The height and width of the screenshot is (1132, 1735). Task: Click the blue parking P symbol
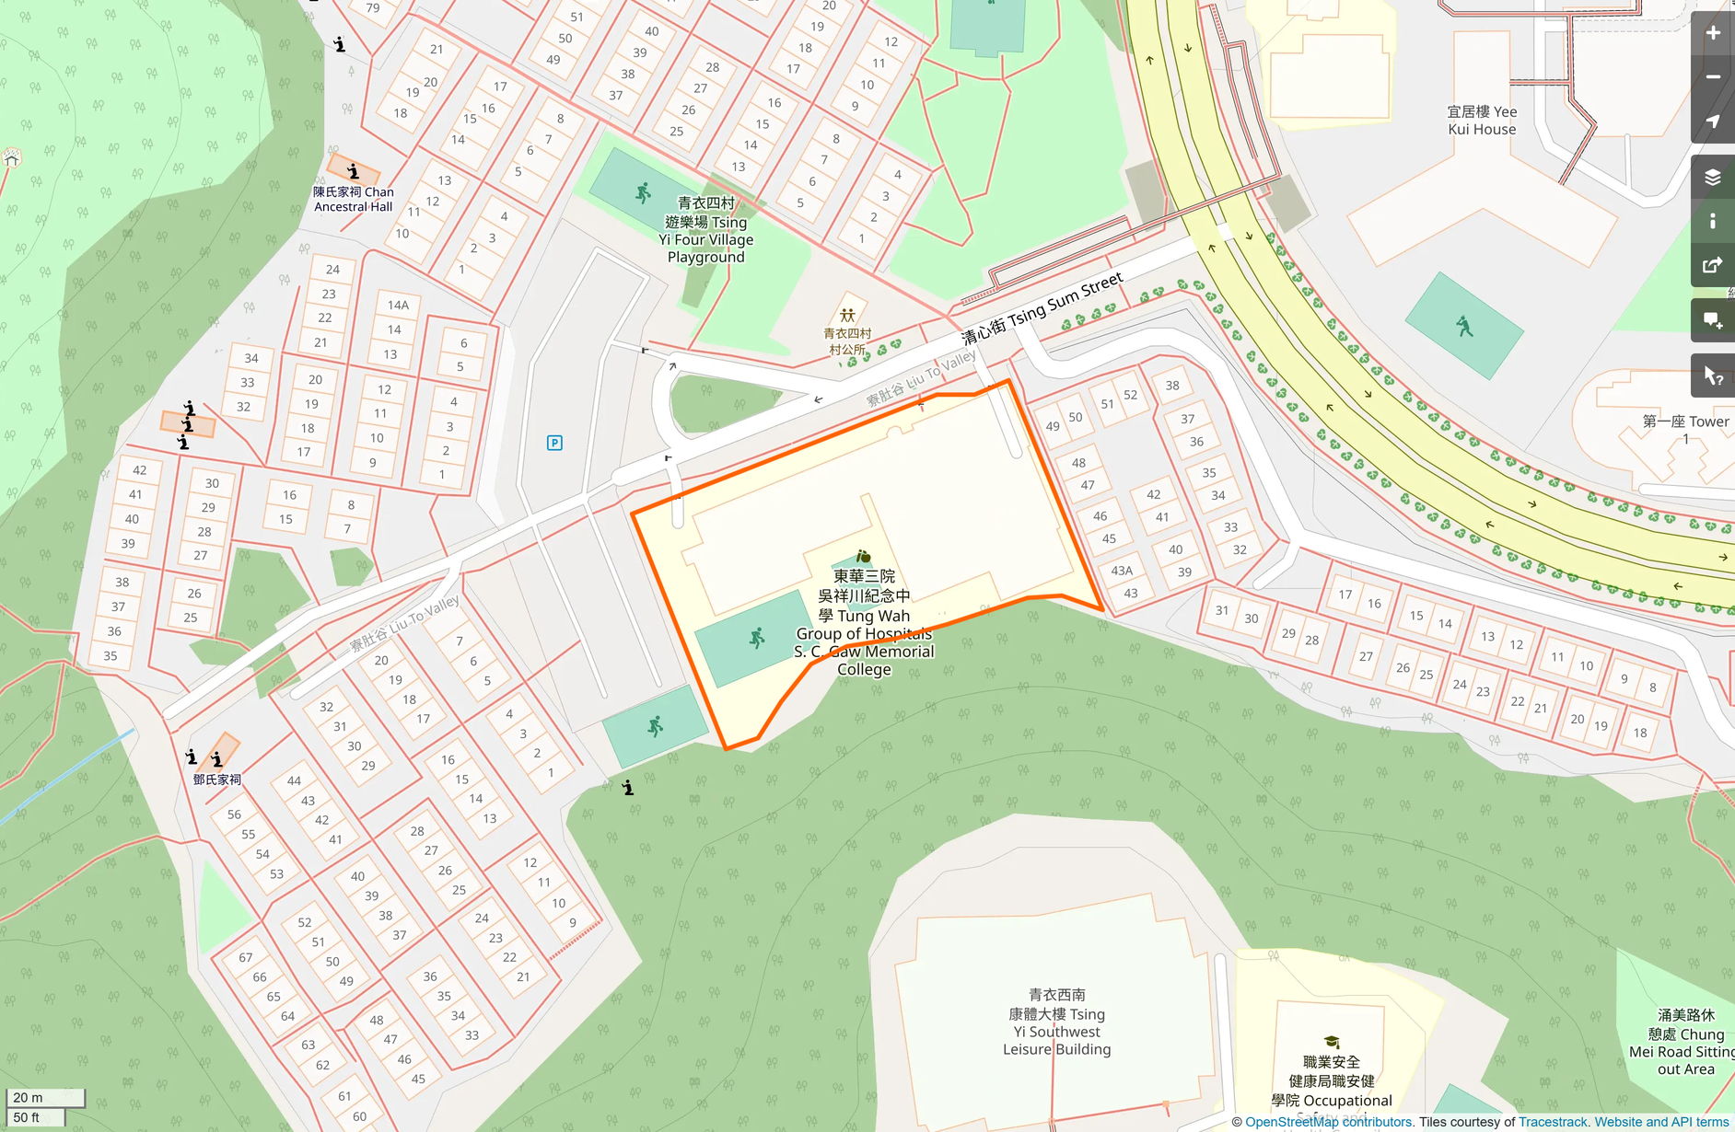click(554, 443)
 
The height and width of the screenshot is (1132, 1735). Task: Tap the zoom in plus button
click(1712, 33)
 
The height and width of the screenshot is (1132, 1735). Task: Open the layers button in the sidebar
click(1712, 178)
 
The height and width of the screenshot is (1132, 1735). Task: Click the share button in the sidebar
click(1712, 266)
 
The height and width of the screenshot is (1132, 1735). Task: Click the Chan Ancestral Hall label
click(353, 199)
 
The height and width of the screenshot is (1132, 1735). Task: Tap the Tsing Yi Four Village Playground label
click(705, 230)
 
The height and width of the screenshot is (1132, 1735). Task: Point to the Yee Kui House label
click(1481, 121)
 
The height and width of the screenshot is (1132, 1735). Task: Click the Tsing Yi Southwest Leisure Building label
click(1056, 1022)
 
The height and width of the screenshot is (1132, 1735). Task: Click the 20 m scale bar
click(45, 1097)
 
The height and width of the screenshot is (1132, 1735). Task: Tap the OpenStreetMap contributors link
click(1327, 1122)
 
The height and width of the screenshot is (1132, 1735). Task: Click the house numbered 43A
click(1121, 571)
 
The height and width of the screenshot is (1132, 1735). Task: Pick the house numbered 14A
click(398, 305)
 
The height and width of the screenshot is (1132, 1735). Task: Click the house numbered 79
click(373, 8)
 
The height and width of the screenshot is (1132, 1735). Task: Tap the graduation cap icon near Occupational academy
click(1332, 1043)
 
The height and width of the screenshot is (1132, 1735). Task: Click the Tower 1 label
click(1685, 429)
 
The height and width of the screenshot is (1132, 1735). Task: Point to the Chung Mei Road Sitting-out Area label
click(1685, 1042)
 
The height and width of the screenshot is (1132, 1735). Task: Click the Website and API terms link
click(1660, 1122)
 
